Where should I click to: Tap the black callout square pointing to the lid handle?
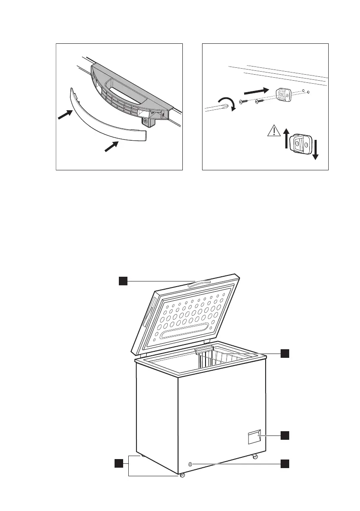click(x=123, y=281)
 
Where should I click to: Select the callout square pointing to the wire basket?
click(x=285, y=353)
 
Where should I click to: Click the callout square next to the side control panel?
click(x=285, y=435)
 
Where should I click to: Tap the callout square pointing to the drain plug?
click(x=285, y=463)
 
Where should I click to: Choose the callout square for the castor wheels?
click(x=118, y=463)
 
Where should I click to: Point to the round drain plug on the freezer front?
click(x=190, y=464)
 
